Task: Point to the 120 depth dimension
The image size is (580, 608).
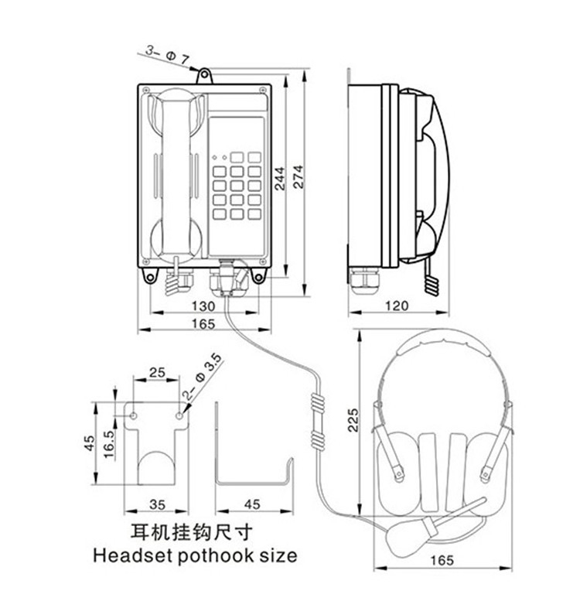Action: coord(396,306)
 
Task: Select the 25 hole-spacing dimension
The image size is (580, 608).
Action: coord(157,372)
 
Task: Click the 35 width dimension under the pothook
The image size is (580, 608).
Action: coord(157,504)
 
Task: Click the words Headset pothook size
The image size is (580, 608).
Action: coord(194,555)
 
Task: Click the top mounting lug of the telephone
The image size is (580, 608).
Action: coord(205,75)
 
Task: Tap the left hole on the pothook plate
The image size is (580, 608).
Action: coord(135,416)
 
